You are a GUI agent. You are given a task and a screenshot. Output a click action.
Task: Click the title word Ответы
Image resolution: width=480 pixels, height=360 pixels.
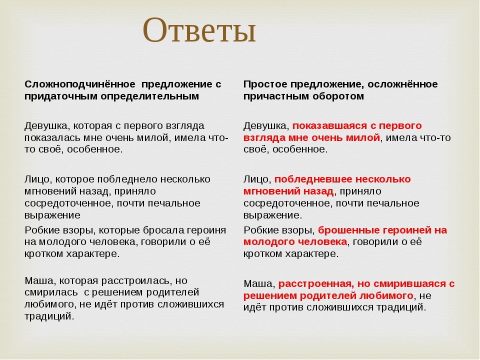(x=199, y=30)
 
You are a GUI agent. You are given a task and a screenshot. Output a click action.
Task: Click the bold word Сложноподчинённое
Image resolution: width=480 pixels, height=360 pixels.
(x=80, y=84)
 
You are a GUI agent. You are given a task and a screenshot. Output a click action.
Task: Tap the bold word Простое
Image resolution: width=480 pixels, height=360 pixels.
(x=265, y=84)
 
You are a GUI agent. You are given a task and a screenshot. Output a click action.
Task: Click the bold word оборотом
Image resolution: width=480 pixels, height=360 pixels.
(x=338, y=96)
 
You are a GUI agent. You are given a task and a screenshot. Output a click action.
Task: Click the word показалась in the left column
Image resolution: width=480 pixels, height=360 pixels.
(x=49, y=138)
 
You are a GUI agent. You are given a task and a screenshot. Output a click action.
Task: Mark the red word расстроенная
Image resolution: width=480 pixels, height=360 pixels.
(x=316, y=284)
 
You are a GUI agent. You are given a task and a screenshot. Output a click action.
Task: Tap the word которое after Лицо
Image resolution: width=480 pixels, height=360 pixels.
(x=74, y=179)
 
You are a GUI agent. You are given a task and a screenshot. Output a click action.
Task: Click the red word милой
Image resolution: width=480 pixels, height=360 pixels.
(x=364, y=138)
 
